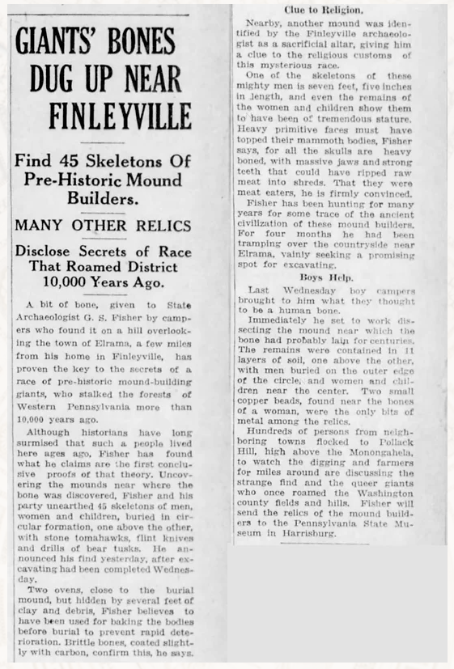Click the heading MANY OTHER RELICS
104,225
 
